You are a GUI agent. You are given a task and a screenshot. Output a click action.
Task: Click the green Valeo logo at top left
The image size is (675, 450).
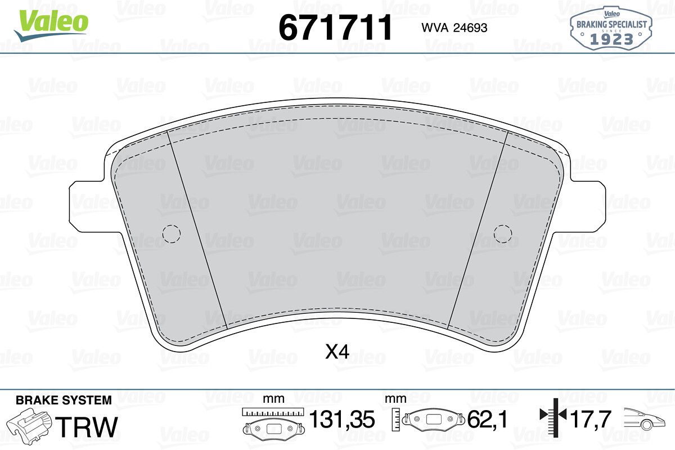tap(52, 24)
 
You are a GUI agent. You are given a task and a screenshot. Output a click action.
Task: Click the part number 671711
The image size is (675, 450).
tap(335, 28)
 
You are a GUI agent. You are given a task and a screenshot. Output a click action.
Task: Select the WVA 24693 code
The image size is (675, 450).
tap(454, 28)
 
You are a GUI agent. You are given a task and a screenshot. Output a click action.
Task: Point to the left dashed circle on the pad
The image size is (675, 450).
tap(172, 233)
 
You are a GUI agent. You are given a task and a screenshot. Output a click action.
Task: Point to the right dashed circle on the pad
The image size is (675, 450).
tap(503, 233)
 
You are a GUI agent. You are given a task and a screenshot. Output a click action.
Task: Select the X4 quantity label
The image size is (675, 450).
tap(337, 352)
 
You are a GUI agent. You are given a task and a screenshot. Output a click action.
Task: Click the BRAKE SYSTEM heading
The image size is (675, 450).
tap(64, 400)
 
